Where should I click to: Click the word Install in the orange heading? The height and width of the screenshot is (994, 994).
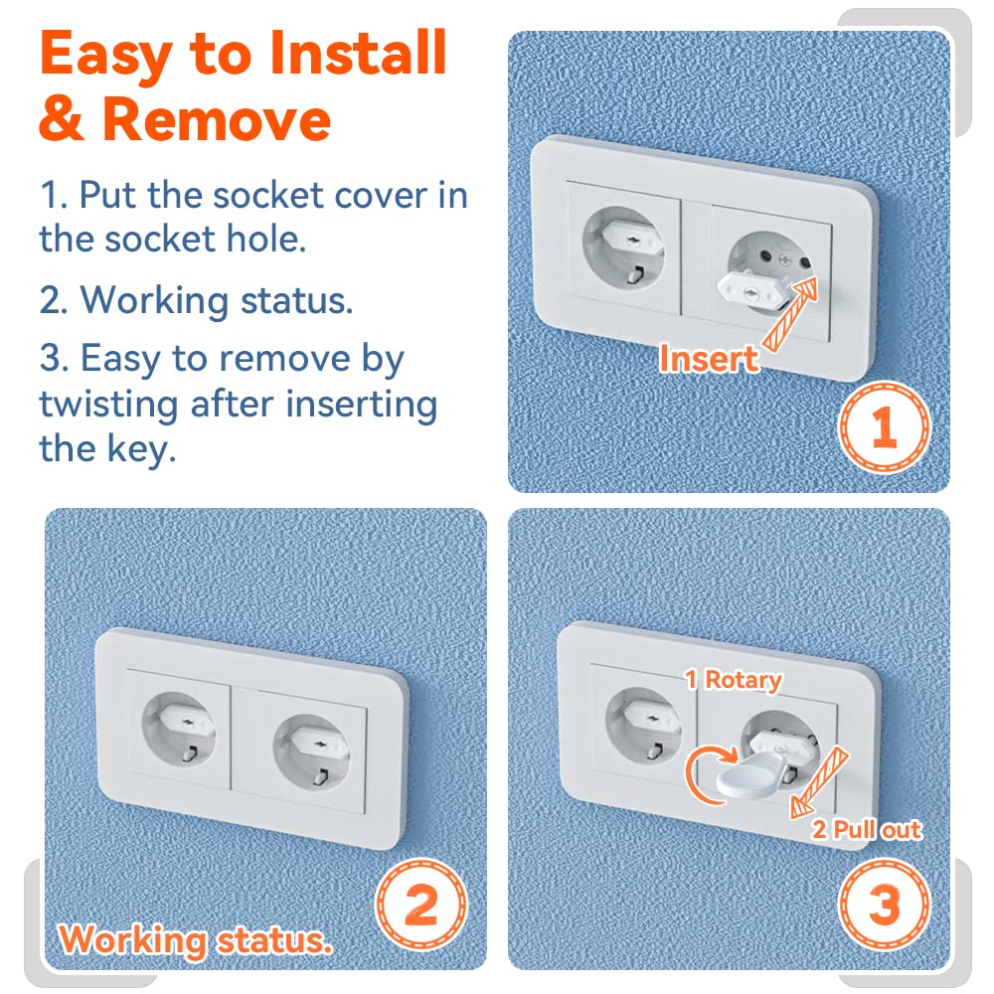(x=358, y=54)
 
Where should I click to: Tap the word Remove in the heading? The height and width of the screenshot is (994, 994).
(x=216, y=119)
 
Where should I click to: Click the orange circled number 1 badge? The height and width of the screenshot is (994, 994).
(x=885, y=427)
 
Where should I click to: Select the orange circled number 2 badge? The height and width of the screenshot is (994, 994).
(x=420, y=905)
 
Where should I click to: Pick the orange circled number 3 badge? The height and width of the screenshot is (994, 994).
(x=885, y=905)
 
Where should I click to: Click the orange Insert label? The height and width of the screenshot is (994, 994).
(x=709, y=359)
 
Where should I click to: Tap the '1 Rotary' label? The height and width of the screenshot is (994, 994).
(x=734, y=680)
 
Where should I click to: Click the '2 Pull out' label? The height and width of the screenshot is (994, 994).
(x=867, y=829)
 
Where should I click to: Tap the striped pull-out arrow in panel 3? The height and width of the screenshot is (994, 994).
(x=819, y=783)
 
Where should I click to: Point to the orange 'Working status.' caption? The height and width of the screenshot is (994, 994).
(x=195, y=940)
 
